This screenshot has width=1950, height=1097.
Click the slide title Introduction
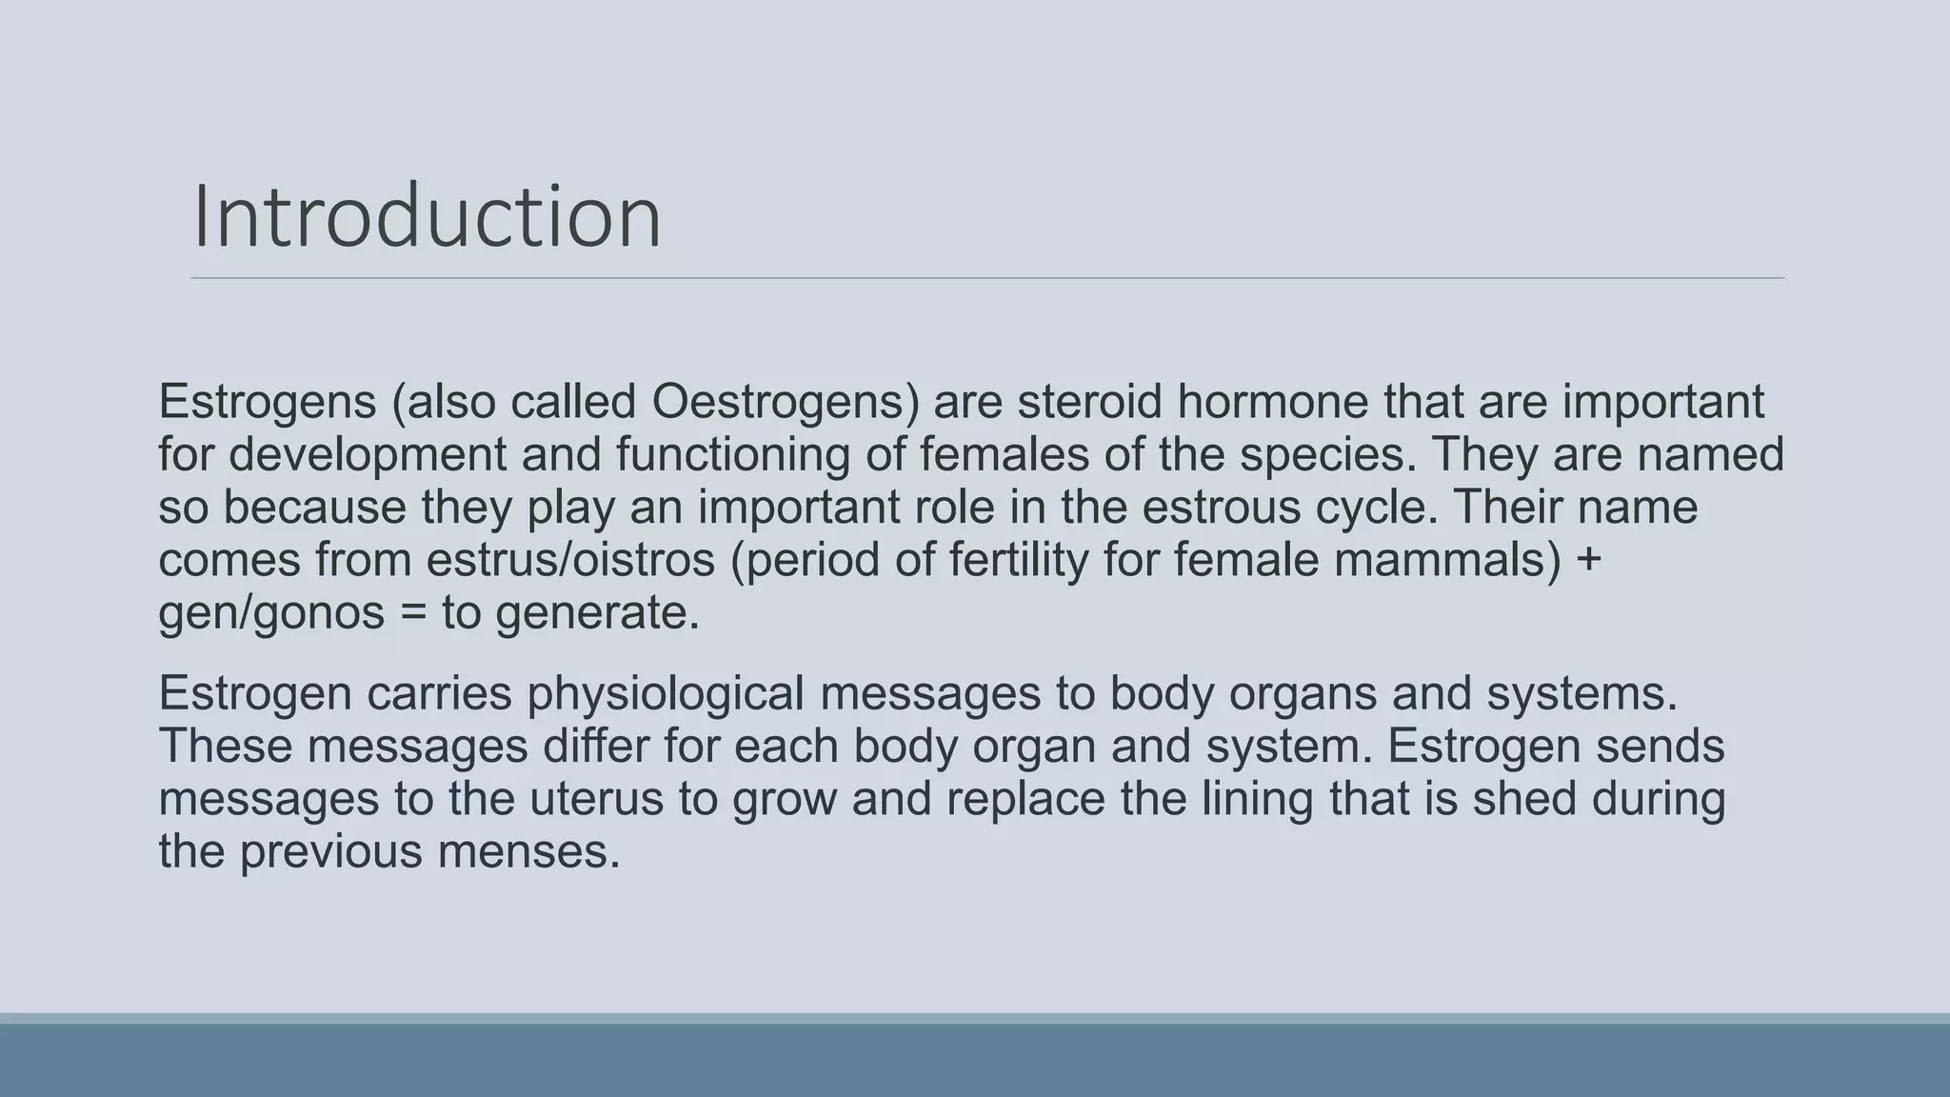pyautogui.click(x=427, y=217)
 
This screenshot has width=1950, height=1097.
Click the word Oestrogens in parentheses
pyautogui.click(x=786, y=402)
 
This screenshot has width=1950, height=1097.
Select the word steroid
pyautogui.click(x=1089, y=402)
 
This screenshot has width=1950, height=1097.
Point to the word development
pyautogui.click(x=367, y=454)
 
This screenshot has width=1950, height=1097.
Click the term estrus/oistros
pyautogui.click(x=570, y=560)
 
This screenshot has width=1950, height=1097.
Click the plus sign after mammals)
pyautogui.click(x=1589, y=560)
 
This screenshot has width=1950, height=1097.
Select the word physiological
pyautogui.click(x=666, y=693)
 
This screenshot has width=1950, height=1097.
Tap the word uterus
pyautogui.click(x=596, y=798)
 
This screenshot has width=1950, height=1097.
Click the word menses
pyautogui.click(x=528, y=851)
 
